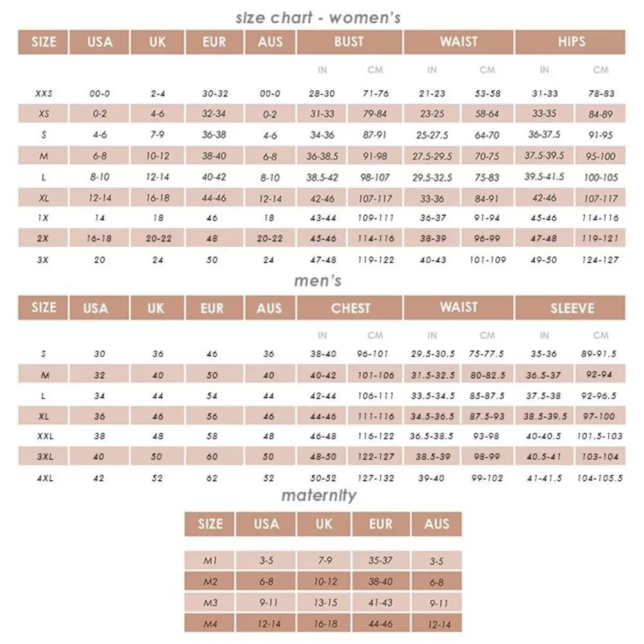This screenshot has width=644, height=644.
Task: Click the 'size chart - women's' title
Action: (318, 17)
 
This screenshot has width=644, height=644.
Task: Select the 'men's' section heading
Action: (317, 281)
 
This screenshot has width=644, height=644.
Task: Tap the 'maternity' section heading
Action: (318, 495)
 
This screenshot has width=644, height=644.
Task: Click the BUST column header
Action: (349, 42)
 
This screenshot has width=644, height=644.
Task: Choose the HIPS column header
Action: (571, 42)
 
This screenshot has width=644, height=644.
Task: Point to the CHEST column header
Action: (350, 308)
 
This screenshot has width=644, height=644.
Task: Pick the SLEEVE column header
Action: (571, 308)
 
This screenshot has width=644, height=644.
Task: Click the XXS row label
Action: (43, 93)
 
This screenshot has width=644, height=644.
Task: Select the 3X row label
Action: (43, 260)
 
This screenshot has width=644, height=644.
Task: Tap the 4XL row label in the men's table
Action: (43, 478)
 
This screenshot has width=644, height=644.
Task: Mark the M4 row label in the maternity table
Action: (210, 623)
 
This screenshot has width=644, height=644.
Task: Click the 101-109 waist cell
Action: (488, 260)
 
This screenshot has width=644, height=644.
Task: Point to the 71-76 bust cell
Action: (375, 93)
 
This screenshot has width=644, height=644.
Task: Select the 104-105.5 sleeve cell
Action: (600, 478)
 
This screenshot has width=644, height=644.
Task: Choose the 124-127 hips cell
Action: (600, 260)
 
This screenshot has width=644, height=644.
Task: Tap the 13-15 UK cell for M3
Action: (323, 603)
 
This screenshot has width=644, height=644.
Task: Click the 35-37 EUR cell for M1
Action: (380, 561)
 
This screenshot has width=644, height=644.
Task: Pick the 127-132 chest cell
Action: (375, 478)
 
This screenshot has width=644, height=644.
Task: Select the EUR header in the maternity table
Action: (380, 524)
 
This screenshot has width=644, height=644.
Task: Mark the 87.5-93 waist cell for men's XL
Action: (488, 417)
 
